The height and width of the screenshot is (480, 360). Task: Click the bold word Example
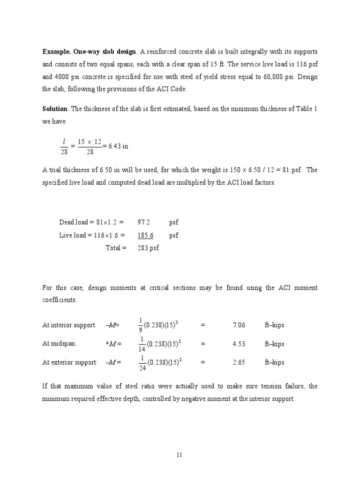point(56,51)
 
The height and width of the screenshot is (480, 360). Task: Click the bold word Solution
point(55,109)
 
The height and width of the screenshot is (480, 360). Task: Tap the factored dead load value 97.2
point(143,222)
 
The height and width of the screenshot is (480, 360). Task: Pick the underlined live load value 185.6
point(145,235)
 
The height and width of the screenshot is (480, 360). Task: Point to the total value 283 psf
point(148,247)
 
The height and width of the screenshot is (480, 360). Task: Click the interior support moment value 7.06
point(239,325)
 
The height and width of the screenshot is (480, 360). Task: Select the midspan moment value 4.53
point(239,344)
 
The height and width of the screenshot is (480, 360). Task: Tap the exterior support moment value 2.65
point(239,362)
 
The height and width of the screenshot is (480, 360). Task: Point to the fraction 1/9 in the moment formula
point(140,325)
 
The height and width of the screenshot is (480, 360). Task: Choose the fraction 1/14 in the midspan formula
point(142,344)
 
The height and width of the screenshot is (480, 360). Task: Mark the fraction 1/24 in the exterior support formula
point(142,362)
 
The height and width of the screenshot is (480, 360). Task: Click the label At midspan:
point(59,344)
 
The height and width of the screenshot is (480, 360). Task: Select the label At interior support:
point(69,325)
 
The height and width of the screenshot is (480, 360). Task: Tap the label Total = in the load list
point(116,247)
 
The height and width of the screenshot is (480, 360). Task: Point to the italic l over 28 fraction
point(63,146)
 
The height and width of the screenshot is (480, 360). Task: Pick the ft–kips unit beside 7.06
point(274,325)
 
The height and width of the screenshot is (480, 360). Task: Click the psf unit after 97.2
point(173,222)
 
